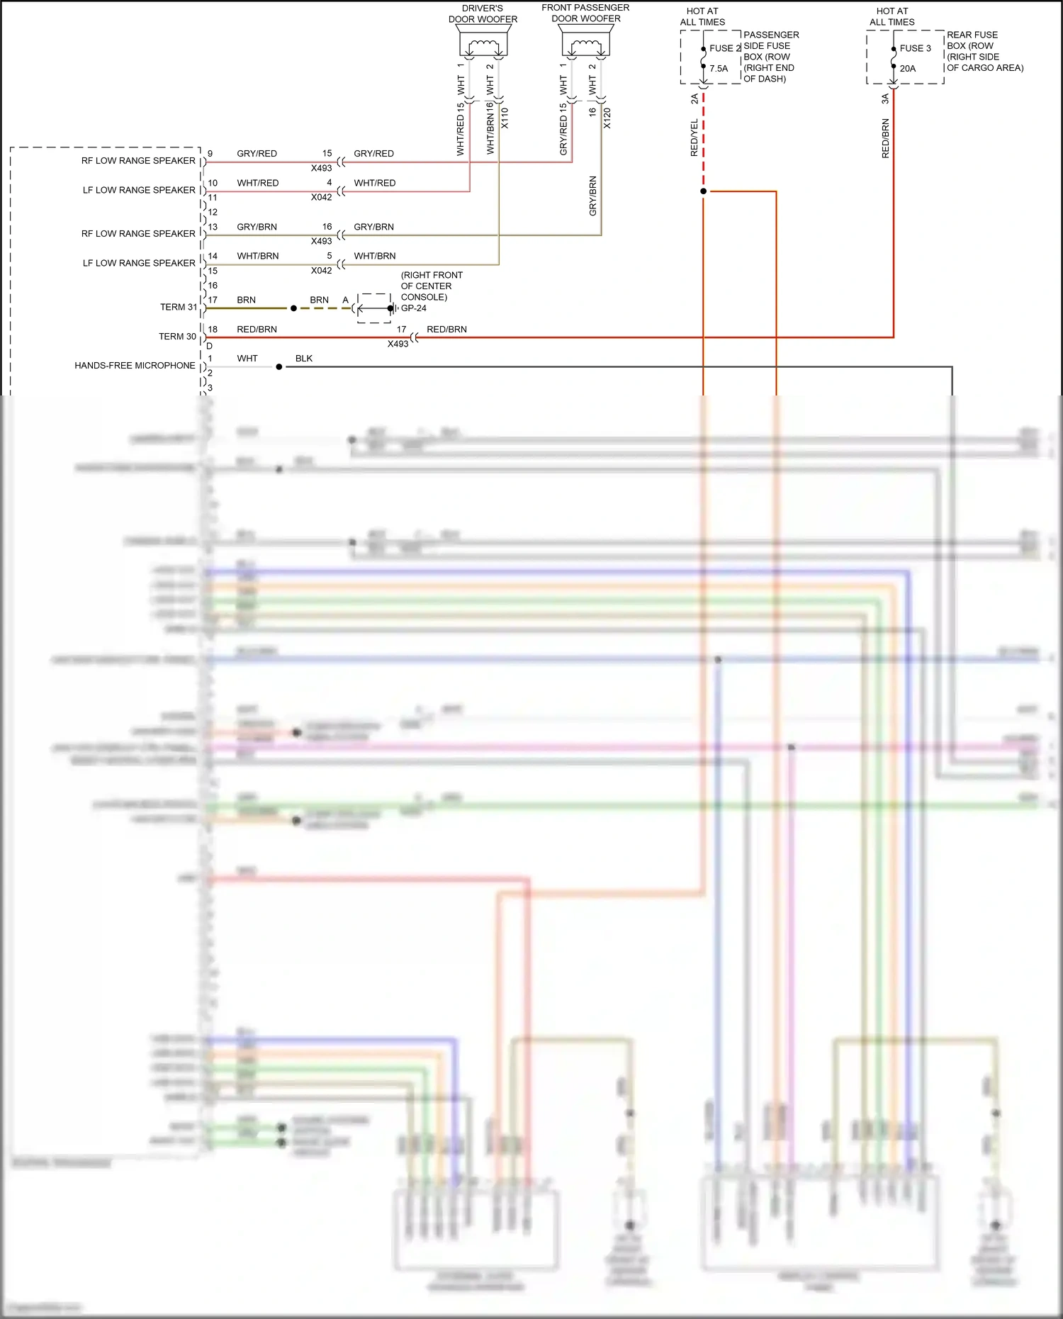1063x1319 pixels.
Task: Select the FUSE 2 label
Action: [x=724, y=48]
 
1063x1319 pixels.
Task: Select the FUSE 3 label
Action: [x=915, y=48]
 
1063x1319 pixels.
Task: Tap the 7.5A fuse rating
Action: [x=719, y=69]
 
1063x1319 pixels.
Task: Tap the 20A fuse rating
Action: [x=907, y=69]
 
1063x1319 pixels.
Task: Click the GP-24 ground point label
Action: [x=414, y=308]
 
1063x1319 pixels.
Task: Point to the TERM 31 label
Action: [x=178, y=307]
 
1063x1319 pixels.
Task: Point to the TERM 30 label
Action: [x=177, y=337]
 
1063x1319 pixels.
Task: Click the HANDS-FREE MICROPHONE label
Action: [x=135, y=366]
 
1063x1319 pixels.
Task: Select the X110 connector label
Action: [x=505, y=118]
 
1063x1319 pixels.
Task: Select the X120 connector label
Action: [x=607, y=118]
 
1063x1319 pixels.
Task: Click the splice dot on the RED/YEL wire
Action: [x=703, y=191]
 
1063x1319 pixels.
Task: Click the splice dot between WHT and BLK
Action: [x=279, y=367]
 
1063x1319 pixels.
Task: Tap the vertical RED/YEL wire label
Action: [x=694, y=137]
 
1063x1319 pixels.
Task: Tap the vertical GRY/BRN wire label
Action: [x=592, y=196]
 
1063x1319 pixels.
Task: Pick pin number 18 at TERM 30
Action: [x=213, y=330]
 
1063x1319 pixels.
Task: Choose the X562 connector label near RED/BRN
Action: [x=398, y=344]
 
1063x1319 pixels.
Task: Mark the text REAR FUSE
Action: [x=972, y=35]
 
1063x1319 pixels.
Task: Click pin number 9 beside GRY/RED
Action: [x=210, y=154]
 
